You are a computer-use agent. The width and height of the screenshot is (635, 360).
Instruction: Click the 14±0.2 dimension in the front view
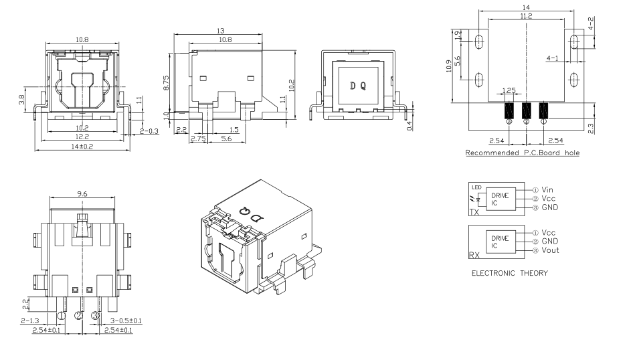click(x=82, y=146)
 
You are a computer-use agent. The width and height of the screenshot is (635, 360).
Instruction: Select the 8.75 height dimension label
click(x=166, y=82)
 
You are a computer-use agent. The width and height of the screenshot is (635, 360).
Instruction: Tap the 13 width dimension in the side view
click(x=220, y=31)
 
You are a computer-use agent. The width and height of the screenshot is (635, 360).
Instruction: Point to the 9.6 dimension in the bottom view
click(x=82, y=194)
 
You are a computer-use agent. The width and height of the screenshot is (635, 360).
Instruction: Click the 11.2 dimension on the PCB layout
click(x=526, y=16)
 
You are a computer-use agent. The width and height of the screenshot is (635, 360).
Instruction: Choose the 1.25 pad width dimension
click(x=509, y=90)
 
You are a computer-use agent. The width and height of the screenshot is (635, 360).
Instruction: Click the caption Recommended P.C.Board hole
click(x=523, y=153)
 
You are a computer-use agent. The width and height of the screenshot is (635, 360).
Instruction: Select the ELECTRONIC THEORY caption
click(x=510, y=273)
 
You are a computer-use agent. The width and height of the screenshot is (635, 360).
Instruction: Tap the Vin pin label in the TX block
click(x=547, y=189)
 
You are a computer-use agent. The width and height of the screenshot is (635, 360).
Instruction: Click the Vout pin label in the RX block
click(x=550, y=250)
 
